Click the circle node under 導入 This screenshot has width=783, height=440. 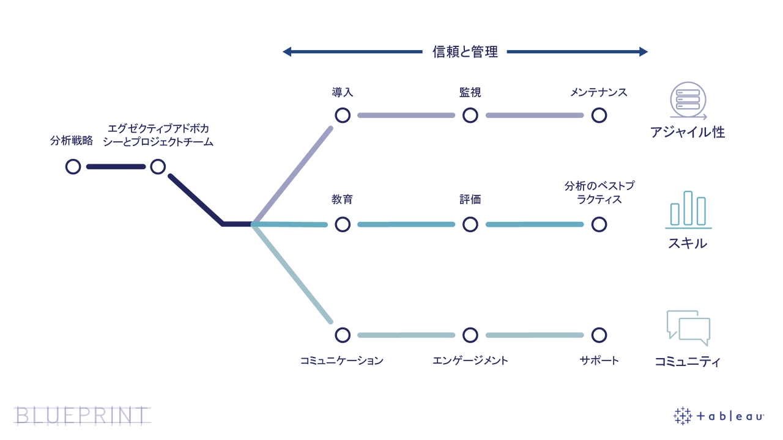(x=343, y=116)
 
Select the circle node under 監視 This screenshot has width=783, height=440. (x=470, y=116)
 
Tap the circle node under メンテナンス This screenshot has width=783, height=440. (x=599, y=116)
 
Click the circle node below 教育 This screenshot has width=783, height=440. (x=343, y=224)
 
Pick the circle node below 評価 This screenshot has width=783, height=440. (x=470, y=224)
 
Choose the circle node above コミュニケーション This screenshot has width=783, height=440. (x=343, y=335)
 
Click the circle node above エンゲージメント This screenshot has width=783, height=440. (x=470, y=335)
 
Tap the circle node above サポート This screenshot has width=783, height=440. (x=599, y=335)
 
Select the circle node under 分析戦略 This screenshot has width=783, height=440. (x=73, y=166)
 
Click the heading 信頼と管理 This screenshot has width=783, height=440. (x=465, y=52)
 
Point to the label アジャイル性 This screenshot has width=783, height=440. (x=687, y=133)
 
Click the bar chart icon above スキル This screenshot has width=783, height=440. (x=688, y=209)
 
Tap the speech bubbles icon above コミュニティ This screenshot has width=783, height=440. (x=688, y=328)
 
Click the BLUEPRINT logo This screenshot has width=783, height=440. (x=82, y=415)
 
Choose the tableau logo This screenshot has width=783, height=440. (x=719, y=416)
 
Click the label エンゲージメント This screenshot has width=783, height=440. (x=470, y=361)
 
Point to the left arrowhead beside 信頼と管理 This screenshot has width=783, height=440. (x=286, y=52)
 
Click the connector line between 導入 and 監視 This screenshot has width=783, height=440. (x=406, y=116)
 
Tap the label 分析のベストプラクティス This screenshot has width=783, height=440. (x=599, y=193)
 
